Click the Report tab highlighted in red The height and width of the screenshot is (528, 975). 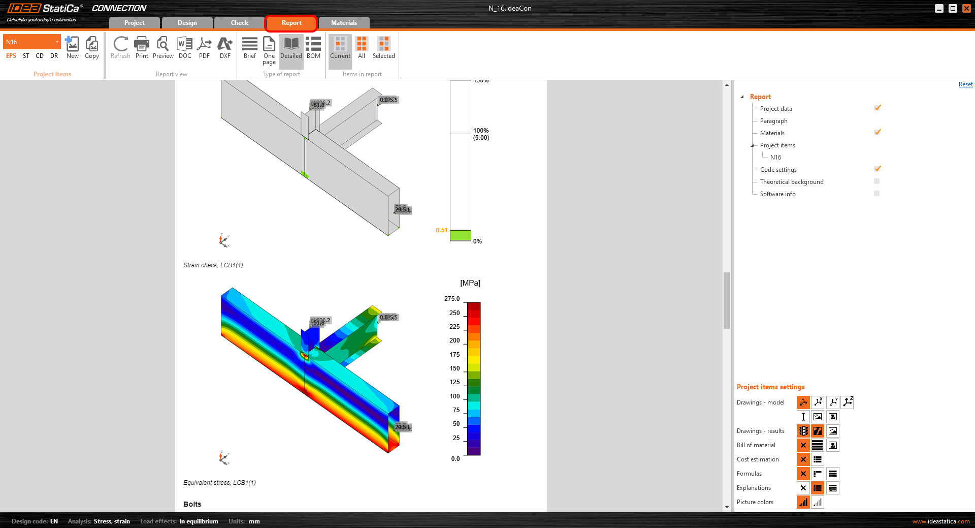pyautogui.click(x=291, y=23)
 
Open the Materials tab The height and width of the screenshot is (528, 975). pyautogui.click(x=344, y=23)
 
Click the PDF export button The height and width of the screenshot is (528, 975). pyautogui.click(x=204, y=48)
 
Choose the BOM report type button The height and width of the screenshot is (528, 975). pyautogui.click(x=313, y=48)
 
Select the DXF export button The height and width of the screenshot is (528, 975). pyautogui.click(x=225, y=48)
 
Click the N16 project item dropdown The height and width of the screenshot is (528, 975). pyautogui.click(x=31, y=42)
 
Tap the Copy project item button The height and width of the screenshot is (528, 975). pyautogui.click(x=92, y=48)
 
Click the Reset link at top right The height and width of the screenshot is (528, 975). pyautogui.click(x=965, y=84)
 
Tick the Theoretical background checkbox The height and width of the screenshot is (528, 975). pyautogui.click(x=876, y=181)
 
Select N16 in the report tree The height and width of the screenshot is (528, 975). pyautogui.click(x=775, y=158)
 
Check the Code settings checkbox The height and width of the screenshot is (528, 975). pyautogui.click(x=877, y=169)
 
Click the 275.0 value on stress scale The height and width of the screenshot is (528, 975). pyautogui.click(x=451, y=299)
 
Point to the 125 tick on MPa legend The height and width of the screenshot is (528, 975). pyautogui.click(x=454, y=382)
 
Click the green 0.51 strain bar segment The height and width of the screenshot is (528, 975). pyautogui.click(x=460, y=235)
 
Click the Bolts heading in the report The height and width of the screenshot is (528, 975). pyautogui.click(x=192, y=504)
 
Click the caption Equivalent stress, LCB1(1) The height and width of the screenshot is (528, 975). pyautogui.click(x=219, y=483)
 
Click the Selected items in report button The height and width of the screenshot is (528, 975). pyautogui.click(x=383, y=48)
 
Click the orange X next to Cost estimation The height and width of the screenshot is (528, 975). pyautogui.click(x=803, y=459)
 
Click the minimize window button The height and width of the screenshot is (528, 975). pyautogui.click(x=939, y=8)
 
